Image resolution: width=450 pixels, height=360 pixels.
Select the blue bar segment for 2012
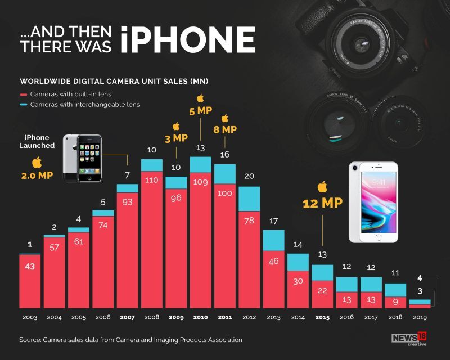point(249,198)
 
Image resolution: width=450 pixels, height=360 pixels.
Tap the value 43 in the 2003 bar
point(30,266)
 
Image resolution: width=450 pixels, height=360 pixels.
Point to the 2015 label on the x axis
point(322,317)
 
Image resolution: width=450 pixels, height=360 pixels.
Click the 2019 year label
point(420,317)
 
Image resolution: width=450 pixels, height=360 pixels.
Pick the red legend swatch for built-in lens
point(23,94)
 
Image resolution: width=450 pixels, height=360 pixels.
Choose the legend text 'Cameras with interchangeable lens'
point(85,105)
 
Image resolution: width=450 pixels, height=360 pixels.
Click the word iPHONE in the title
point(188,39)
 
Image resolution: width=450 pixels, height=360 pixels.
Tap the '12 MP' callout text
point(322,203)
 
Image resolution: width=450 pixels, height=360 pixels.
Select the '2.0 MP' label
point(38,175)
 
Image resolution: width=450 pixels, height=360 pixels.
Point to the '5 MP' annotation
point(200,111)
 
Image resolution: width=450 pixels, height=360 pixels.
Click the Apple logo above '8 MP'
point(225,118)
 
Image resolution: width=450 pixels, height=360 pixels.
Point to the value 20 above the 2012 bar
point(249,176)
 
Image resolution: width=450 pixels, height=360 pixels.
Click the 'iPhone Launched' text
point(37,141)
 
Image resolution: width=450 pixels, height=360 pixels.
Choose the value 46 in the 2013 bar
point(273,261)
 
